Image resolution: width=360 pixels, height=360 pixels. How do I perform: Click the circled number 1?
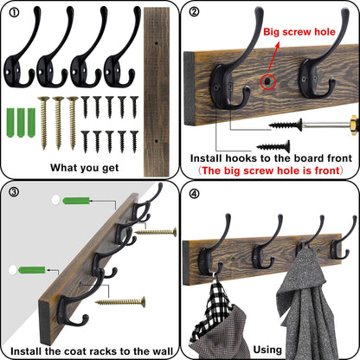point(12,12)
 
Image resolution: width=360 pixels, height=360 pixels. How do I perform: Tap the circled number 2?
point(195,12)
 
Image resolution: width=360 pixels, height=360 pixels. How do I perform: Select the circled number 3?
point(12,192)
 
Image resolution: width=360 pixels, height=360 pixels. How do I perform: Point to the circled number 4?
point(195,192)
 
